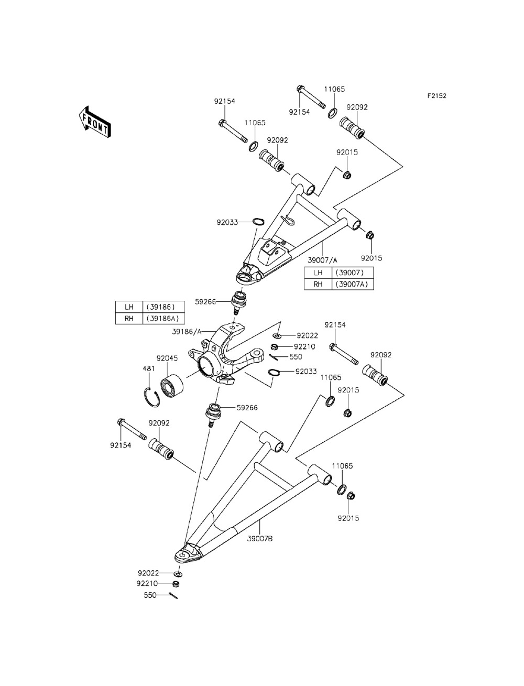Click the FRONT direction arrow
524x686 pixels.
(x=94, y=122)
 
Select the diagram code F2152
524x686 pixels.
(x=437, y=95)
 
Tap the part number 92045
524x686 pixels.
(x=167, y=358)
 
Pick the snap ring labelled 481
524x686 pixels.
(x=152, y=397)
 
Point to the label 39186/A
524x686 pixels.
(x=186, y=332)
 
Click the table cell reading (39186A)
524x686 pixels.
(x=163, y=318)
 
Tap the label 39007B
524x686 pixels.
(x=260, y=539)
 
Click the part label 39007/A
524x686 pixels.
(x=322, y=260)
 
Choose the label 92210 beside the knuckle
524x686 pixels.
(x=304, y=346)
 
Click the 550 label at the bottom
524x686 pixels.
(x=150, y=595)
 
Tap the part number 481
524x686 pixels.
(x=149, y=368)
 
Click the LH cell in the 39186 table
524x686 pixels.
(x=129, y=307)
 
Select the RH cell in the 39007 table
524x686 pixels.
(x=318, y=284)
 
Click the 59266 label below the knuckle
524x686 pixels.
(x=247, y=408)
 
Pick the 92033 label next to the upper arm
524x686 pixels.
(x=227, y=222)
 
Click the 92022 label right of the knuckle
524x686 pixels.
(x=308, y=335)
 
